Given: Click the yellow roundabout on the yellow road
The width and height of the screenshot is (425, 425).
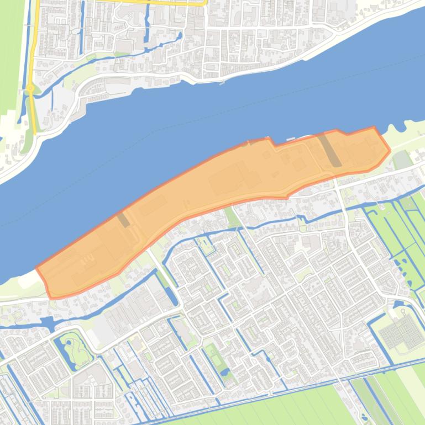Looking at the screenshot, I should pyautogui.click(x=30, y=88).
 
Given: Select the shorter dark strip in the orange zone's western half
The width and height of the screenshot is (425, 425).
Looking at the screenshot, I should pyautogui.click(x=123, y=219).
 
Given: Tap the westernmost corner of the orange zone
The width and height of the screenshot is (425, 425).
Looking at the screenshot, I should pyautogui.click(x=37, y=269).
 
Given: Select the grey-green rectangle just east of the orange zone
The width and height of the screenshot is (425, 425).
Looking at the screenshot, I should pyautogui.click(x=402, y=160).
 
